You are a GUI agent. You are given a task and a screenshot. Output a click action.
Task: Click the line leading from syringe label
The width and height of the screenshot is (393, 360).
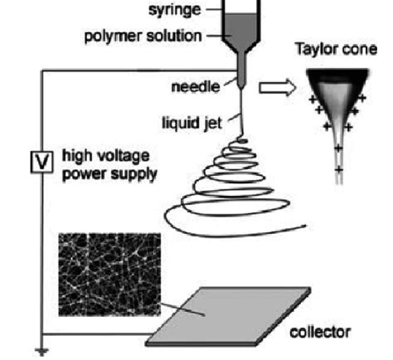click(218, 12)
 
